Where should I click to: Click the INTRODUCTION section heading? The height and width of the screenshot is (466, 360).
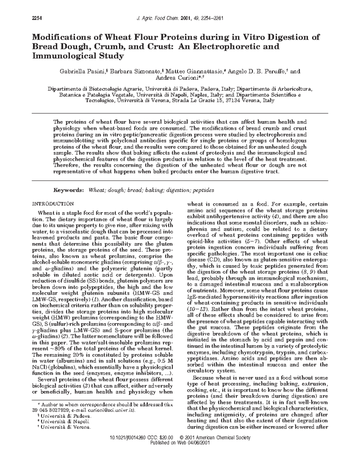pyautogui.click(x=52, y=204)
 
